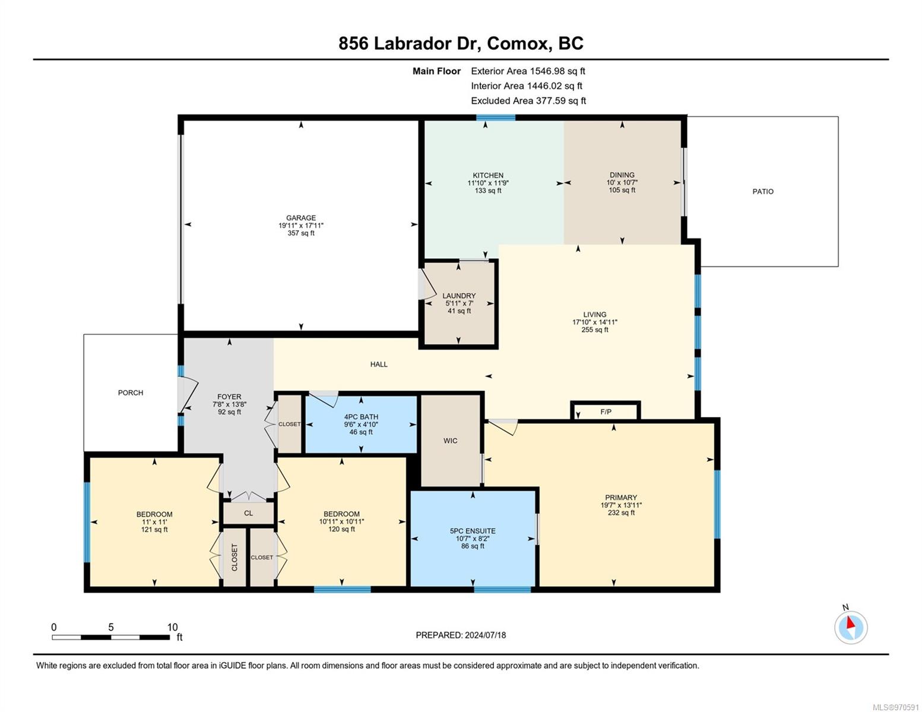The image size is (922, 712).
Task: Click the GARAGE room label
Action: click(301, 218)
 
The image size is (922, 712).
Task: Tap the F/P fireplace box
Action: click(606, 411)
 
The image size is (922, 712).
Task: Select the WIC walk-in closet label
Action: click(450, 441)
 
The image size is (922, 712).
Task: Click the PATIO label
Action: click(763, 192)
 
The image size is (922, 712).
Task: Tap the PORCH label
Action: click(131, 393)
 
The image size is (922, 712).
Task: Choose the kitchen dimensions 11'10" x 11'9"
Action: click(488, 183)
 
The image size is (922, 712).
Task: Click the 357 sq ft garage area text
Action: click(301, 233)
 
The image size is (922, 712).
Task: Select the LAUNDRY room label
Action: click(459, 295)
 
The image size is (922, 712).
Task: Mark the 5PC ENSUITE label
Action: click(473, 531)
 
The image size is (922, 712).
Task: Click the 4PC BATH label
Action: click(361, 417)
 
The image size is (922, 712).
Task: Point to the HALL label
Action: click(379, 364)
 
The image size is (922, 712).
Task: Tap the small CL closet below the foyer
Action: click(249, 513)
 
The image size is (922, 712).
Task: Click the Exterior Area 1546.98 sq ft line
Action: click(528, 71)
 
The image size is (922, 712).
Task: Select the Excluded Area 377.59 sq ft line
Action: click(528, 101)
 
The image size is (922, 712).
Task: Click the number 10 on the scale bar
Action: click(172, 627)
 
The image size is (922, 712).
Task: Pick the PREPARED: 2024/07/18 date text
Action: click(461, 635)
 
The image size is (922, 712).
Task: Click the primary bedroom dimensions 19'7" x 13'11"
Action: click(621, 505)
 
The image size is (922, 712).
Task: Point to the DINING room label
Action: click(622, 175)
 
